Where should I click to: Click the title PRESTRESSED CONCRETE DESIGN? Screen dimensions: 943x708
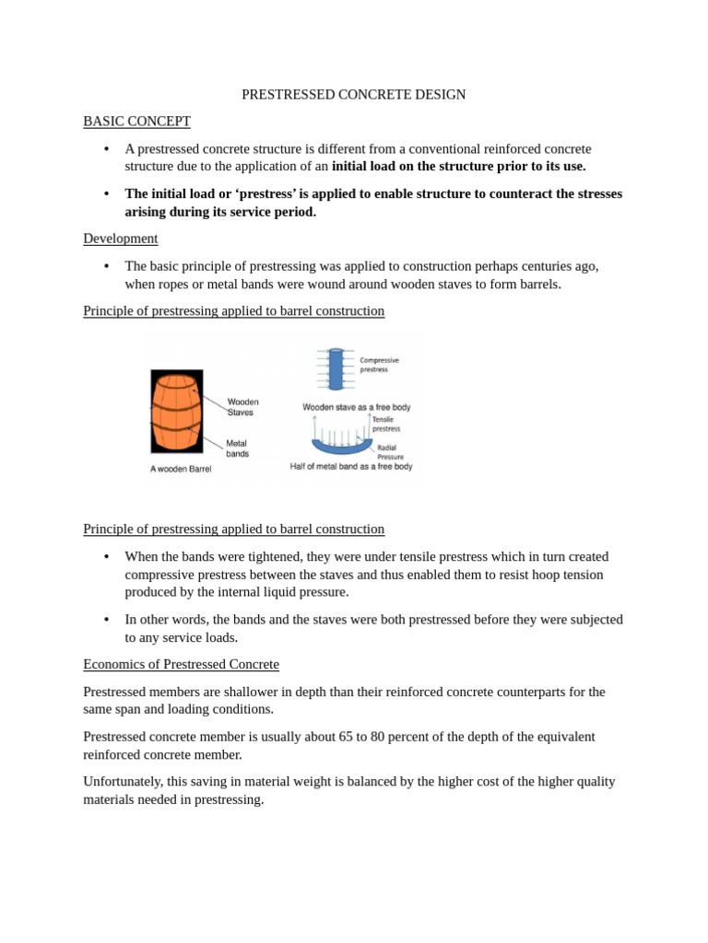(x=353, y=95)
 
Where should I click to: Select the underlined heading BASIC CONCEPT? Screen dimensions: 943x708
(x=136, y=122)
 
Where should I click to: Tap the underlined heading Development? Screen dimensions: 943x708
(x=120, y=239)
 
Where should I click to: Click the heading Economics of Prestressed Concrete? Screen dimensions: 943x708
(x=181, y=664)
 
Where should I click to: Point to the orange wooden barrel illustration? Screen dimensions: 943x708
(x=176, y=412)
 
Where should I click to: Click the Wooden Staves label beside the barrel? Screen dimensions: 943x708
(x=242, y=407)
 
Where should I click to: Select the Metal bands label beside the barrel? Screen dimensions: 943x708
(x=238, y=448)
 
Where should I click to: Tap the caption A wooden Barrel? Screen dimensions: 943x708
(x=181, y=469)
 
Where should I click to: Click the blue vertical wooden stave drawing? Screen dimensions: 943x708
(x=336, y=369)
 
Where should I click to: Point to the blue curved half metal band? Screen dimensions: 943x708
(x=341, y=447)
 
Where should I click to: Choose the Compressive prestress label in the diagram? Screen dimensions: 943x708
(x=379, y=365)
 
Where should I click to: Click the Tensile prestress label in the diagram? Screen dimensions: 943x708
(x=386, y=424)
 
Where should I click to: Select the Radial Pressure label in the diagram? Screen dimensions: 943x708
(x=391, y=451)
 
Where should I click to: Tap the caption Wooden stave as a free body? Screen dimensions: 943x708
(x=356, y=406)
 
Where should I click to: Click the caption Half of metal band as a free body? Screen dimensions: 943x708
(x=351, y=466)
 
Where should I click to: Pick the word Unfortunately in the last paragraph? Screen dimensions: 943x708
(x=125, y=782)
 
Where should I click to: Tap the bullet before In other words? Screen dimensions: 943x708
(x=106, y=620)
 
